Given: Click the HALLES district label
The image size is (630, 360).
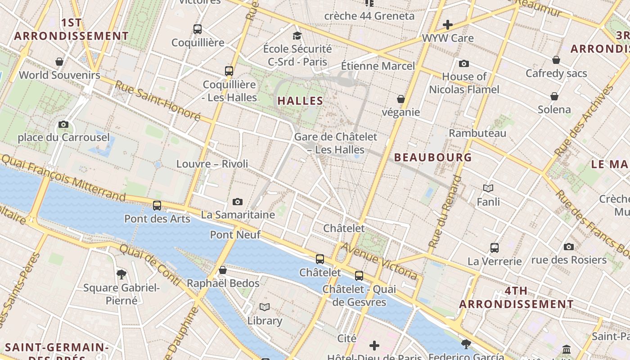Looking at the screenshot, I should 300,101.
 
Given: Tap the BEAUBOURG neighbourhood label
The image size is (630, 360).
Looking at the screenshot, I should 433,157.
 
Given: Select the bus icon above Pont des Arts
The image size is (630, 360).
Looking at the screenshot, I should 157,206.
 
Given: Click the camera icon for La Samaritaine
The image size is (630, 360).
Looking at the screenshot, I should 238,202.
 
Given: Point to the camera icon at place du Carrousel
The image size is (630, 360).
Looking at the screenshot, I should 63,124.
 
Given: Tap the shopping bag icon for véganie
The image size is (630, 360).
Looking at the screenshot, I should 401,99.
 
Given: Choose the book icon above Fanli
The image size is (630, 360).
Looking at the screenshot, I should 488,189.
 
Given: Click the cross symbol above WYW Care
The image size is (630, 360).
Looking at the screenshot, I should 448,25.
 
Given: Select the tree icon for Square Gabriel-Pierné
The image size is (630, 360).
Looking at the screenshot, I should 121,274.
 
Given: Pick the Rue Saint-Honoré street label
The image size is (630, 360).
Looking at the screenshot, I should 157,101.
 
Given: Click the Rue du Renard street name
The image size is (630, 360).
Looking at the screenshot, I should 445,212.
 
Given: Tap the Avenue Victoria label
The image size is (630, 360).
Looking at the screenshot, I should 379,261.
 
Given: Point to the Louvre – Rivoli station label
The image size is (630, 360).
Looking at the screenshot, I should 212,164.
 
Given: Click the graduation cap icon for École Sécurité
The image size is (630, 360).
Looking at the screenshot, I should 297,36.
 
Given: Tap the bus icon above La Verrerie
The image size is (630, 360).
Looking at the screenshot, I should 495,247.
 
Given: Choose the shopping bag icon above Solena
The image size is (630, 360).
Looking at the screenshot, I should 554,96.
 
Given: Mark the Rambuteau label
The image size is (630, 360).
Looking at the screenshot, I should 477,133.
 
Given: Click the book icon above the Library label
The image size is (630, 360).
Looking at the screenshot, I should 265,307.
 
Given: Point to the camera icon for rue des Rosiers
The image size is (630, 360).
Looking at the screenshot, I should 569,247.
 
